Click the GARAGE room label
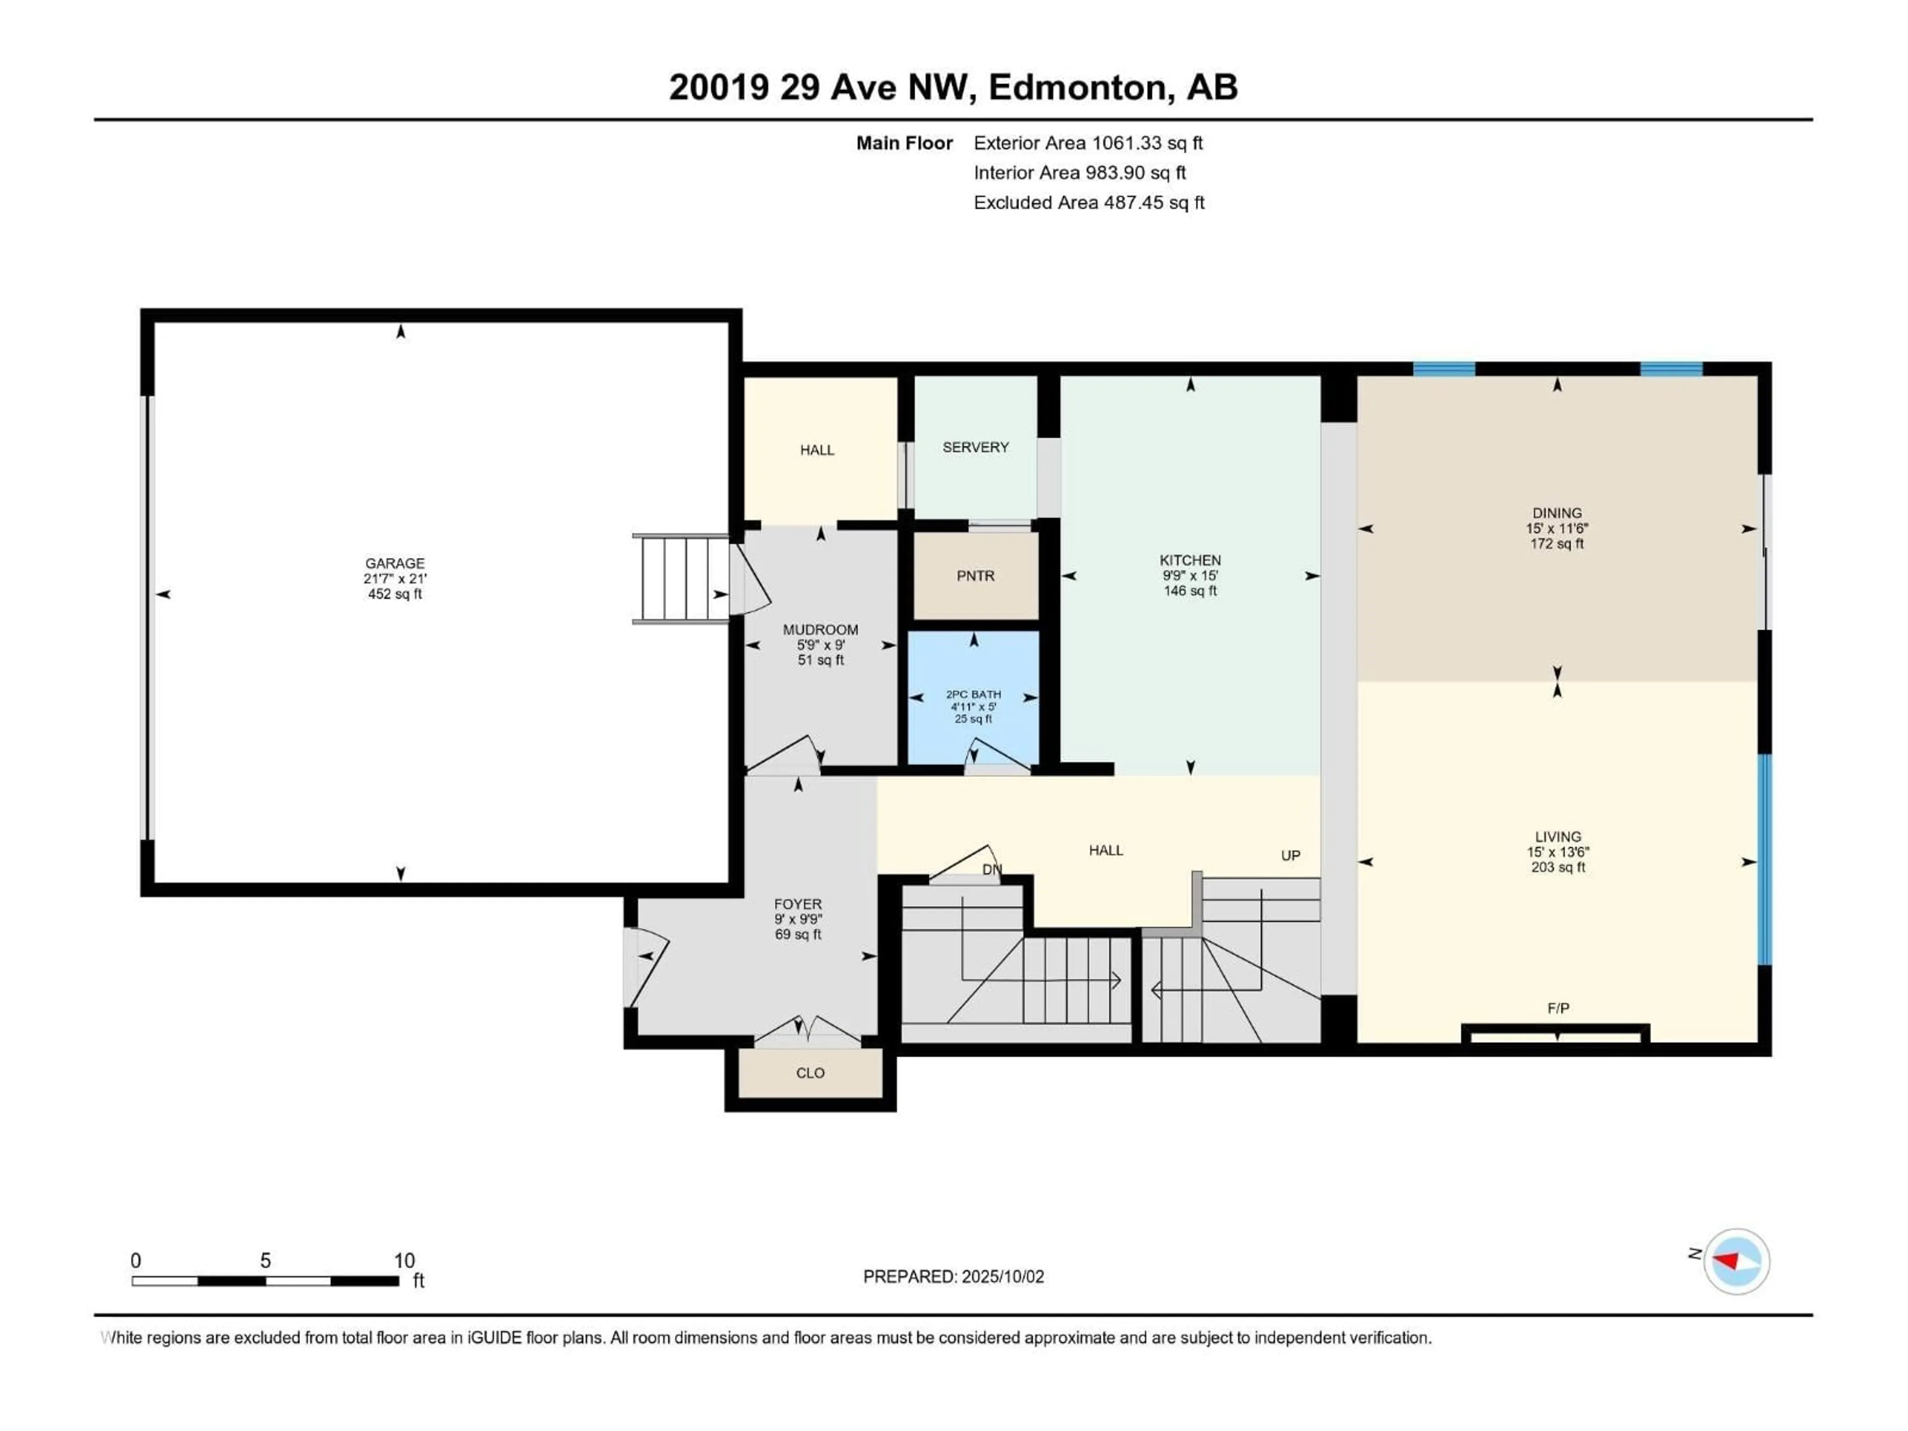coord(395,563)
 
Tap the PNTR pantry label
coord(975,575)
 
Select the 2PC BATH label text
coord(974,694)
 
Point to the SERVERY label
coord(975,447)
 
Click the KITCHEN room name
coord(1191,560)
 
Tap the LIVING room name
coord(1558,837)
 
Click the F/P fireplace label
coord(1558,1008)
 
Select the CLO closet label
coord(810,1073)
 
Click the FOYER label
coord(798,904)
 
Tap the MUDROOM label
coord(820,630)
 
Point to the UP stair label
coord(1290,856)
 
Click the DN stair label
coord(992,870)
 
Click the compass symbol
coord(1737,1262)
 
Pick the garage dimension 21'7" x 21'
coord(395,579)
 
